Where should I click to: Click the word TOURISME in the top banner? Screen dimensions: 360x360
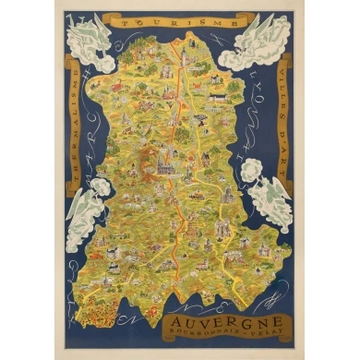[179, 18]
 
